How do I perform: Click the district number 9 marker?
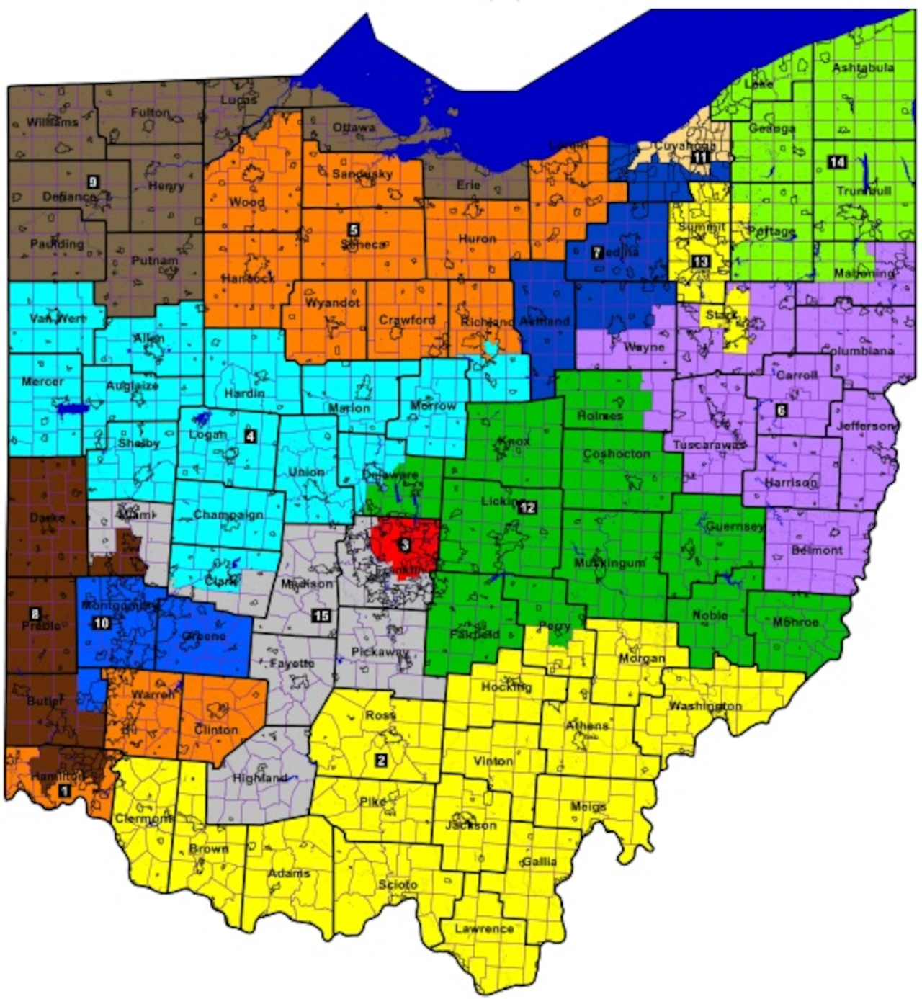click(91, 181)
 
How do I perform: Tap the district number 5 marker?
click(353, 230)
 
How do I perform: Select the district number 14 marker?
click(836, 162)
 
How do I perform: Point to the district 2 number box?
click(381, 760)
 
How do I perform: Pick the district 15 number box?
click(321, 615)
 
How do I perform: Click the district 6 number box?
click(781, 411)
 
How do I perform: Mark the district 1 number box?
click(64, 791)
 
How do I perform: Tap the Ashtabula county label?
click(862, 68)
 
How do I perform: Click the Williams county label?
click(53, 122)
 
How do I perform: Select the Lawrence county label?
click(484, 928)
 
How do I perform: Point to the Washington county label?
click(705, 706)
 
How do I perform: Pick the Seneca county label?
click(363, 244)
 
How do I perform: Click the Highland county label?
click(260, 779)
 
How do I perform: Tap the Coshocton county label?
click(617, 454)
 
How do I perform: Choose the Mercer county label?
click(42, 381)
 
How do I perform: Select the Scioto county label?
click(398, 884)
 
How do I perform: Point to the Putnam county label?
click(154, 261)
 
